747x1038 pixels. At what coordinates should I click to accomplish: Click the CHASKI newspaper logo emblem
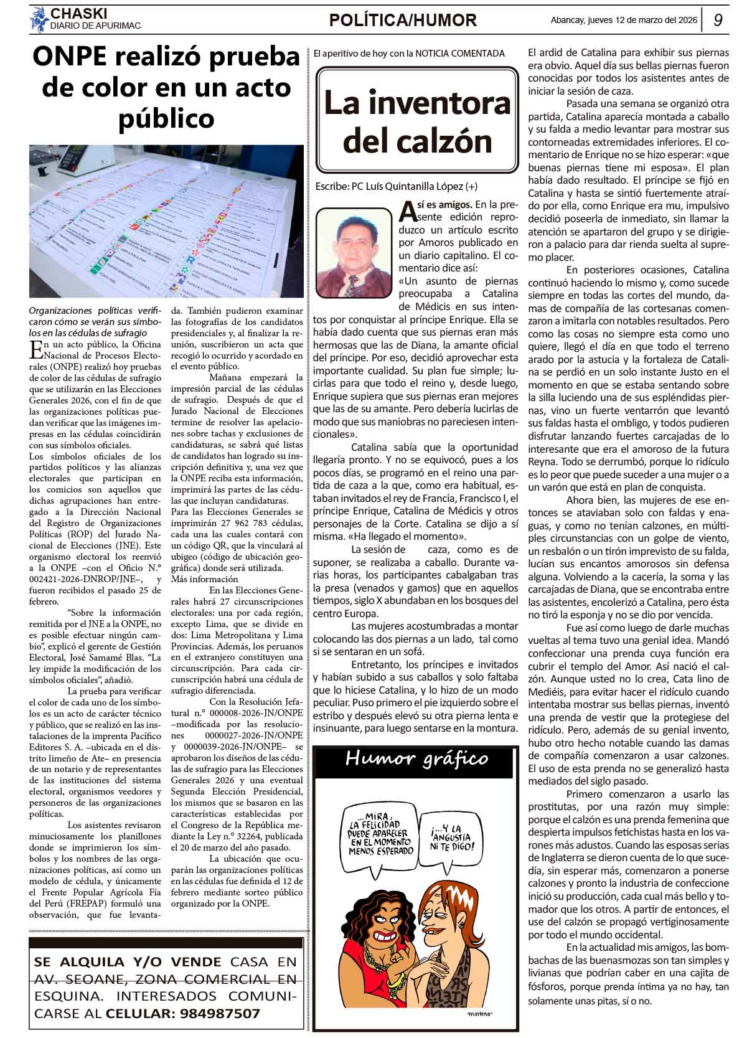click(39, 19)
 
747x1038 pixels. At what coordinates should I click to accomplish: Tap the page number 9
click(718, 21)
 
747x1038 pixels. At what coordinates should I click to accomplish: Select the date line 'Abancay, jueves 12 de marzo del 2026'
click(624, 20)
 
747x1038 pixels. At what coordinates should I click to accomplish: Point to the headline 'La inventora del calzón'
click(416, 121)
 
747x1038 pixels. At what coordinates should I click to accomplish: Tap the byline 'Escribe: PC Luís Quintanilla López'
click(397, 186)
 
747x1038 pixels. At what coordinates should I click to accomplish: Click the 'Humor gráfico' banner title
click(416, 758)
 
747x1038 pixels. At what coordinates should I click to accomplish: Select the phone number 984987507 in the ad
click(220, 1013)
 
